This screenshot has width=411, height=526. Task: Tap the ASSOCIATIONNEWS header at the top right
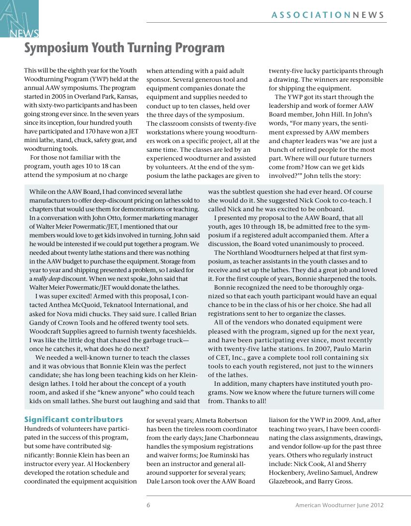328,15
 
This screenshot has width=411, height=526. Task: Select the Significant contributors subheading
73,420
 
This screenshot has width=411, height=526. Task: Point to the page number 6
148,505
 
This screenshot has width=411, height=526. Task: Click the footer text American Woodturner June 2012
339,505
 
